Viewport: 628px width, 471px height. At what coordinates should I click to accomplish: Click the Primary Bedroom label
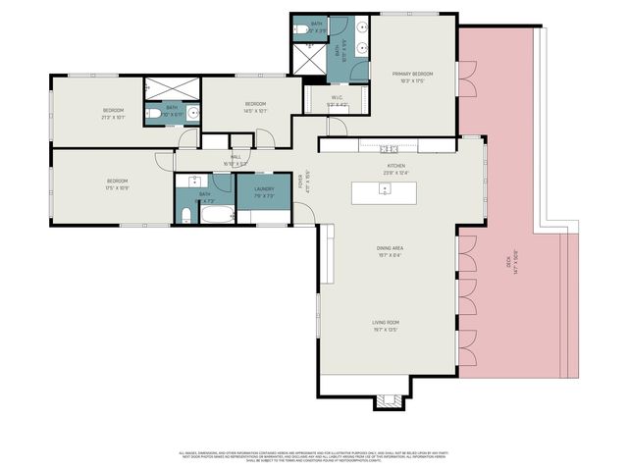point(412,77)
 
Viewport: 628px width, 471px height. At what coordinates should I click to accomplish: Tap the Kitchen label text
point(395,168)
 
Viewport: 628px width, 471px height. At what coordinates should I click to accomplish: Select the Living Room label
point(386,325)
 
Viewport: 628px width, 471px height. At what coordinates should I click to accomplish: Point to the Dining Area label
point(391,250)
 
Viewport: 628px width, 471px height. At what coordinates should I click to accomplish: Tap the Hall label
point(235,158)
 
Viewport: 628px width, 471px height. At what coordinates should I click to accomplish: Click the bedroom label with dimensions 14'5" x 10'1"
point(255,106)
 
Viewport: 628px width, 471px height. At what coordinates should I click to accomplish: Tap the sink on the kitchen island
point(385,189)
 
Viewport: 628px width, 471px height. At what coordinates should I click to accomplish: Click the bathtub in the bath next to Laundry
point(219,216)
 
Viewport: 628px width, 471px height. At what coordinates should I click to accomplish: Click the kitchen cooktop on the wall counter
point(390,148)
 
